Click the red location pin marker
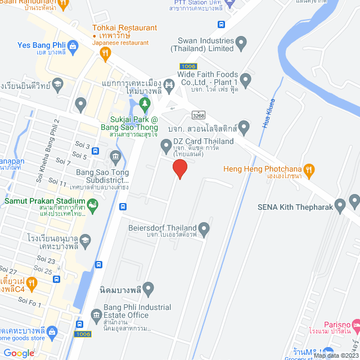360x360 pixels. click(x=179, y=168)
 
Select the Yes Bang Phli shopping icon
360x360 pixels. click(x=73, y=46)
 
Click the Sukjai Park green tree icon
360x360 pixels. click(x=145, y=103)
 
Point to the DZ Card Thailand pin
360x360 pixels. click(x=166, y=146)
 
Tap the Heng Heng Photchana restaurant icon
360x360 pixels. click(x=308, y=169)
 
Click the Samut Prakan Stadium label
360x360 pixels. click(x=44, y=201)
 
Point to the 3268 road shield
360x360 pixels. click(x=197, y=115)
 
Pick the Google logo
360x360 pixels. click(x=19, y=353)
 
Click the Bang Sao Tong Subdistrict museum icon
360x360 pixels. click(x=116, y=156)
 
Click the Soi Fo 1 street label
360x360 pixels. click(x=32, y=304)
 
